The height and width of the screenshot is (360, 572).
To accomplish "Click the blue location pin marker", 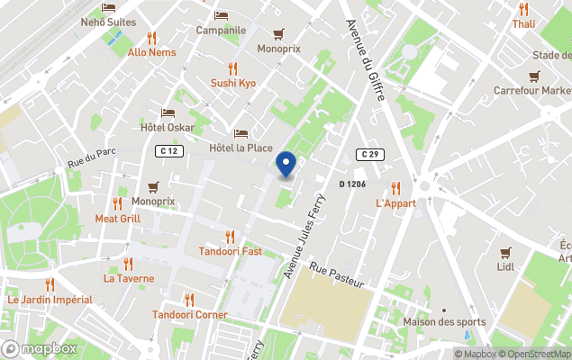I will (286, 165).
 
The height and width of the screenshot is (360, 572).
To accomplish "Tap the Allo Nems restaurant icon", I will (151, 38).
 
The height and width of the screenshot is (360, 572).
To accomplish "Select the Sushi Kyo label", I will (233, 83).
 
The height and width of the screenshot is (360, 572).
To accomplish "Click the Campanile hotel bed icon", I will (222, 15).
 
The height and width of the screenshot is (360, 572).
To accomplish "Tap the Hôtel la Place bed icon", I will (241, 133).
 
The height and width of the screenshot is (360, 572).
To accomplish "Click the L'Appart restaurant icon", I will (395, 188).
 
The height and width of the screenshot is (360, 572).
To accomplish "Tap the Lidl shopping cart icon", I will (504, 253).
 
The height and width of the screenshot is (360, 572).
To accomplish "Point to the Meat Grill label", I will (117, 219).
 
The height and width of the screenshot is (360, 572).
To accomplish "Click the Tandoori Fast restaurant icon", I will (230, 237).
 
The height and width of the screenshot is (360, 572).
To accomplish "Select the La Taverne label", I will (129, 278).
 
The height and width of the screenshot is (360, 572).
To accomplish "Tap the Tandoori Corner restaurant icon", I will (189, 300).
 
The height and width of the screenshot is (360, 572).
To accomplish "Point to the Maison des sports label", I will (444, 322).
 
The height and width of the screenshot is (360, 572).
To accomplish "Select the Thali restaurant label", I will (523, 24).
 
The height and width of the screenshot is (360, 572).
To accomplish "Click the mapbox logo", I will (41, 348).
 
